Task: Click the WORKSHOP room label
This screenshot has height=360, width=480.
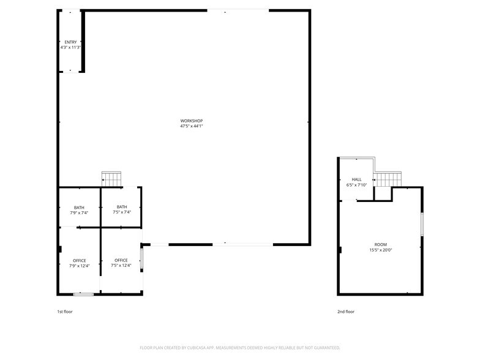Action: point(191,121)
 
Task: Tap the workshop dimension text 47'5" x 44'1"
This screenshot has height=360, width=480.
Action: point(192,126)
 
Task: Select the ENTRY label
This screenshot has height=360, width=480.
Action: point(71,42)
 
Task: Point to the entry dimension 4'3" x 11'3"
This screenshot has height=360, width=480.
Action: point(71,48)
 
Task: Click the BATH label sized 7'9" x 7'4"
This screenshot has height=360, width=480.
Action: point(79,208)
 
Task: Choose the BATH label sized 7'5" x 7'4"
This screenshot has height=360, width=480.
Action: point(122,207)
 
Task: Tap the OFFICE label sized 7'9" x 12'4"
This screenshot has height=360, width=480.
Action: point(80,261)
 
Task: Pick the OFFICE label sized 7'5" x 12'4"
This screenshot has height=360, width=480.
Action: point(121,260)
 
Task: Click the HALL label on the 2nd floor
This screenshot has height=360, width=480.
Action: point(356,179)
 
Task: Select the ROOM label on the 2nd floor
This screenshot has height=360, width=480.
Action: point(381,245)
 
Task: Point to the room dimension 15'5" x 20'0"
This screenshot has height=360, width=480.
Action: point(381,250)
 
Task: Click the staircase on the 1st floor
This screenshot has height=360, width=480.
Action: point(111,179)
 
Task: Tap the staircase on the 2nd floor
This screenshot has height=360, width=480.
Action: point(388,179)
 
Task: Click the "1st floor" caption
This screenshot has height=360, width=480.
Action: point(65,312)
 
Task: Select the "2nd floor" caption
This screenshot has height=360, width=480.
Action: point(346,312)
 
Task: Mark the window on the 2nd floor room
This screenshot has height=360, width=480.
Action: point(422,224)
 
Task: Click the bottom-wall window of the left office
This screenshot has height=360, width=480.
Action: point(83,294)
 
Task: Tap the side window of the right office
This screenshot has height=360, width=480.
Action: point(141,258)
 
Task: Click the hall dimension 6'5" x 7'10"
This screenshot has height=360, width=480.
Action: point(356,185)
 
